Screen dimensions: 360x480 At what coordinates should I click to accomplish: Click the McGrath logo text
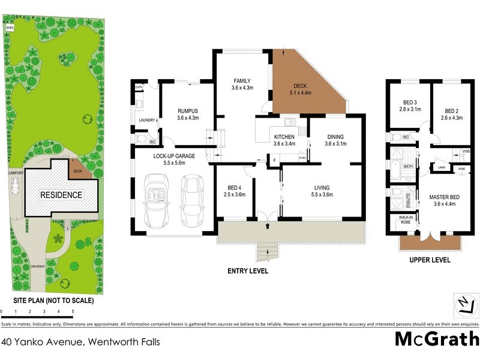click(436, 339)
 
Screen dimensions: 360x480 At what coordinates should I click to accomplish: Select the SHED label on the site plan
click(10, 28)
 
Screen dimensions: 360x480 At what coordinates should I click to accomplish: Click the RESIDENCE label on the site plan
click(61, 195)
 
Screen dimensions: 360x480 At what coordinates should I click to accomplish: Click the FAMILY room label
click(242, 81)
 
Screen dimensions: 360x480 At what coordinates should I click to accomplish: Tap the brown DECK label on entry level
click(300, 86)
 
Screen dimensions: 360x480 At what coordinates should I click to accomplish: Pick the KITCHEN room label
click(284, 137)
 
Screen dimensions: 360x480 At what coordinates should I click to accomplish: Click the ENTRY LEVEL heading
click(248, 271)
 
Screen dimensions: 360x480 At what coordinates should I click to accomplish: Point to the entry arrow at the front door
click(267, 226)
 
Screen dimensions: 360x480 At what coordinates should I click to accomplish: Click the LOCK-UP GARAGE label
click(173, 155)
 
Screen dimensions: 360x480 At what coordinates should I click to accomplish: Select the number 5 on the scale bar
click(73, 312)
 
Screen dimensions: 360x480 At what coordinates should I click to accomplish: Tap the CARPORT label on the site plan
click(16, 172)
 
